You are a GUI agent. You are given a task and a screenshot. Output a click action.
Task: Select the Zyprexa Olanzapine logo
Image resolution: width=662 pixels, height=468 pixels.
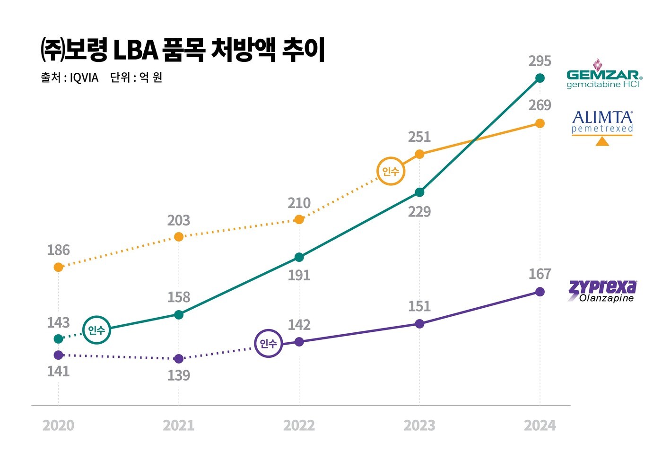pos(602,290)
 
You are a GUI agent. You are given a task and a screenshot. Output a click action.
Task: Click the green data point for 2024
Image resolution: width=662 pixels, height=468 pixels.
pos(540,78)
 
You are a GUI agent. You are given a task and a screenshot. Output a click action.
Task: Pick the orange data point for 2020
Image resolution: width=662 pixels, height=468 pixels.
pos(59,267)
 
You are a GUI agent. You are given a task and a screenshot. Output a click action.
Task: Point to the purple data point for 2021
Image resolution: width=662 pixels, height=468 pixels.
pos(179,359)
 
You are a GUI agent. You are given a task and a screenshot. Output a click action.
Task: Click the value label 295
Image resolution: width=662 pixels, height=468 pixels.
pos(540,61)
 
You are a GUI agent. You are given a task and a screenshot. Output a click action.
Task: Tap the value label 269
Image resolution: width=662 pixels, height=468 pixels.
pos(540,105)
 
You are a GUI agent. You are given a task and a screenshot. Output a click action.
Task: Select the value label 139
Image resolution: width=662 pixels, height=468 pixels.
pos(179,375)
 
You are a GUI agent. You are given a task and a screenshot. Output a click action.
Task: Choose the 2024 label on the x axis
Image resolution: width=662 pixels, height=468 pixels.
pos(540,425)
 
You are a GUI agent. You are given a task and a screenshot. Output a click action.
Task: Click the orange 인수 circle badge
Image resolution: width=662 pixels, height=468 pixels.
pos(391,171)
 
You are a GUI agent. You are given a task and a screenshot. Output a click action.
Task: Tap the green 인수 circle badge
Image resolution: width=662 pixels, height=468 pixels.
pos(96,330)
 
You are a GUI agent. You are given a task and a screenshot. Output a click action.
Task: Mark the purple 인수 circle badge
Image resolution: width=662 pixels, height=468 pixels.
pos(268,343)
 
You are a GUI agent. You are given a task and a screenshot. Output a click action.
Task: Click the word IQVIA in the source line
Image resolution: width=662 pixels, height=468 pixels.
pos(84,78)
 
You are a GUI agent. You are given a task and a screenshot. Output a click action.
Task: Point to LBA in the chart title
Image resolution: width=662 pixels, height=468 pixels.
pos(135,50)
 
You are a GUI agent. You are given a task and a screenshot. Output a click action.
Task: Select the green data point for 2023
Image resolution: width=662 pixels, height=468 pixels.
pos(419,192)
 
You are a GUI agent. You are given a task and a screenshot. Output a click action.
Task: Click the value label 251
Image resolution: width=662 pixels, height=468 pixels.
pos(419,137)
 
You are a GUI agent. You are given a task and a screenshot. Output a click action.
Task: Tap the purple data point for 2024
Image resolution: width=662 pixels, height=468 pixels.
pos(540,292)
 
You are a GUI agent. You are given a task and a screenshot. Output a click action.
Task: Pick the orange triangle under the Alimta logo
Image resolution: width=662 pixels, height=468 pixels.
pos(602,141)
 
